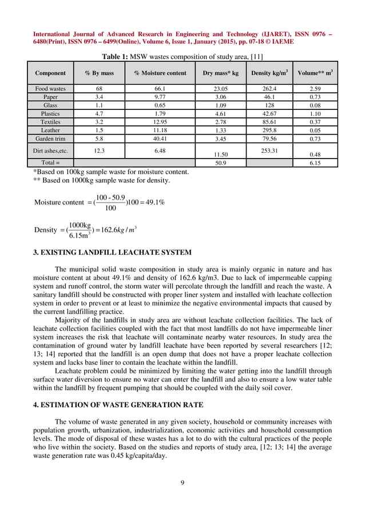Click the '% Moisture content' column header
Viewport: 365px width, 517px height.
click(x=160, y=73)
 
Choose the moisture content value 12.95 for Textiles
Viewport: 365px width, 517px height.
click(x=160, y=123)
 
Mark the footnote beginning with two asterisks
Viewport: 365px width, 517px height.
click(x=101, y=180)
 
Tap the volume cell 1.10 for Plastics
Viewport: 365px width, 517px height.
click(x=315, y=114)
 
